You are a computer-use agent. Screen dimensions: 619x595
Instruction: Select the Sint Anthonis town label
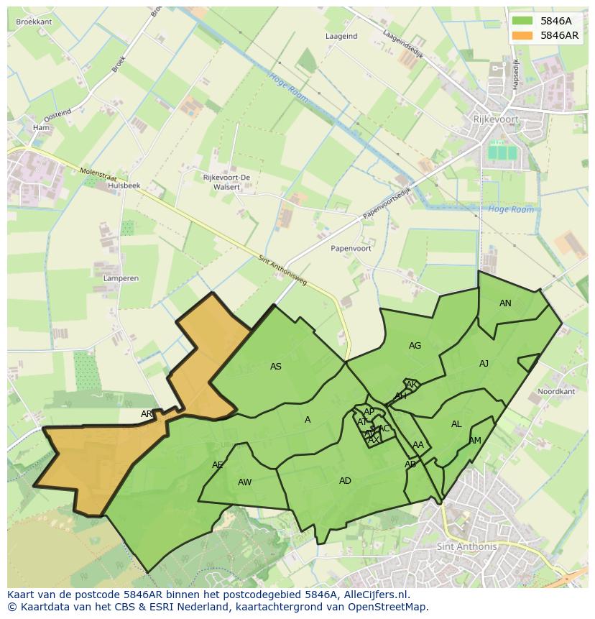pyautogui.click(x=466, y=546)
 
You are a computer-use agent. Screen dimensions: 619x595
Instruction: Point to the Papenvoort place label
pyautogui.click(x=351, y=248)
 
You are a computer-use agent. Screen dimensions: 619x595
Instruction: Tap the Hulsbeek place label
pyautogui.click(x=124, y=185)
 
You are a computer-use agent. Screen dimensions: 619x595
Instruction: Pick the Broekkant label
pyautogui.click(x=34, y=22)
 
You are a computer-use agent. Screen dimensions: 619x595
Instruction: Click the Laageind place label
pyautogui.click(x=341, y=36)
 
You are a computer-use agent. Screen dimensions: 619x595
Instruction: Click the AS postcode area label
pyautogui.click(x=276, y=367)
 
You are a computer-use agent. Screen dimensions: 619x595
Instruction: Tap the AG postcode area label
pyautogui.click(x=415, y=346)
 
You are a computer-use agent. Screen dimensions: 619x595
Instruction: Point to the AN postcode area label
pyautogui.click(x=505, y=303)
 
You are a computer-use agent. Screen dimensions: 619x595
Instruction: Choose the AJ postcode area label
pyautogui.click(x=484, y=364)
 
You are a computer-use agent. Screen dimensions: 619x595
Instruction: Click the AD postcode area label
pyautogui.click(x=345, y=480)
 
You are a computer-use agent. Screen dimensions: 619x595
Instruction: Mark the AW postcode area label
pyautogui.click(x=244, y=482)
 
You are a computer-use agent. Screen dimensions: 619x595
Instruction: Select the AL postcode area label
pyautogui.click(x=456, y=424)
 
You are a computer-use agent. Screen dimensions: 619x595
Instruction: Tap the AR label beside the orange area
pyautogui.click(x=147, y=414)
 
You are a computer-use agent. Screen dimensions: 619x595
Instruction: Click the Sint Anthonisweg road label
pyautogui.click(x=282, y=270)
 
